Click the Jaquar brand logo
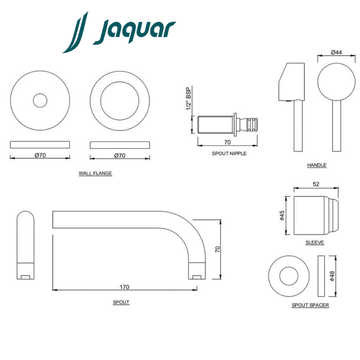119,32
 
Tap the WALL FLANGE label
95,173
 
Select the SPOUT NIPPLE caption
229,153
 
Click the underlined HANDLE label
317,165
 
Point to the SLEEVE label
315,242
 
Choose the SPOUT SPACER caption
310,305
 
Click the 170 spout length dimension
124,287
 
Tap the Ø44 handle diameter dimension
337,52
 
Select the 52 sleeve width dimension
316,184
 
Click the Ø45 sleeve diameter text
282,215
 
